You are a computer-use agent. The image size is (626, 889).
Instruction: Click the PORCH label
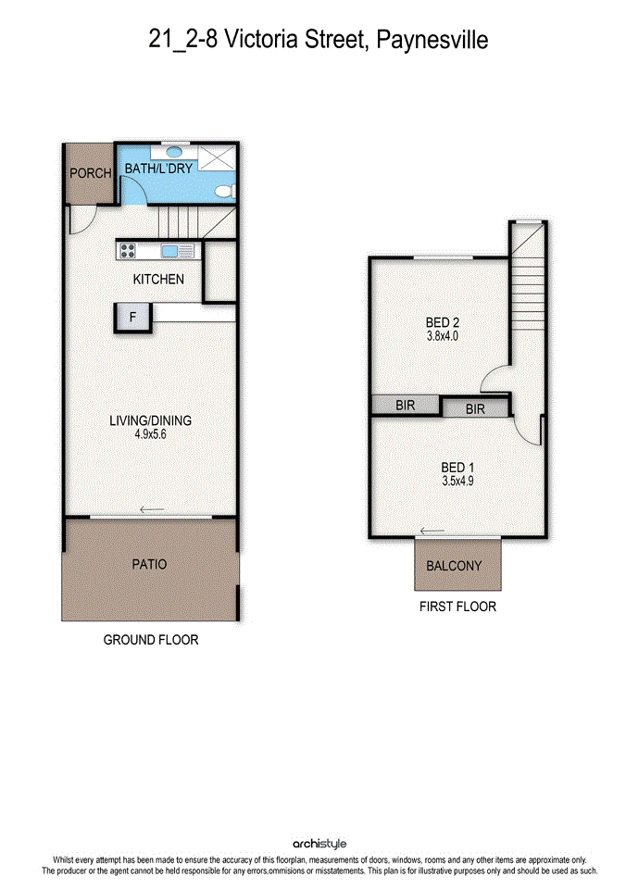[x=90, y=173]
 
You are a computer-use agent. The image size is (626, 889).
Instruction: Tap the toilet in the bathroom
[x=228, y=192]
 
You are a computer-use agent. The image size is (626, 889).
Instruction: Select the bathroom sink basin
[x=175, y=151]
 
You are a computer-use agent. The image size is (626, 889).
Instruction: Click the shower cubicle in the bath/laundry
[x=216, y=157]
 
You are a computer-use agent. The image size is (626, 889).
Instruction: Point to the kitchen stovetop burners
[x=128, y=250]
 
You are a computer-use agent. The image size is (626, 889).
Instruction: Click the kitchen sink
[x=170, y=250]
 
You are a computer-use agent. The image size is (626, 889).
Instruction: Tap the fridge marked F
[x=132, y=317]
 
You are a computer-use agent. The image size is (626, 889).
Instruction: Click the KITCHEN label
[x=158, y=279]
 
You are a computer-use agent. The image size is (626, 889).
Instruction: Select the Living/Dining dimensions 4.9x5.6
[x=150, y=434]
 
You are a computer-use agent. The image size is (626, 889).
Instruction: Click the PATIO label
[x=149, y=564]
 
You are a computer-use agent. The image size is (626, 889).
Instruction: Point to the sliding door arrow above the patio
[x=152, y=509]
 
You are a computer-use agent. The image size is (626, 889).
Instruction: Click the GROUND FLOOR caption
[x=151, y=640]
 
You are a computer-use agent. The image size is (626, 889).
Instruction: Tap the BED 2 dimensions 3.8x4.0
[x=443, y=335]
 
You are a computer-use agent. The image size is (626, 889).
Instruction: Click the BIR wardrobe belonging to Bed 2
[x=406, y=405]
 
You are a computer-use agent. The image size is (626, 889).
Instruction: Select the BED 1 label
[x=457, y=468]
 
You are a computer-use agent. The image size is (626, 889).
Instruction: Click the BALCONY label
[x=454, y=566]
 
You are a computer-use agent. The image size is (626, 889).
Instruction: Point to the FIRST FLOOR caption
[x=457, y=607]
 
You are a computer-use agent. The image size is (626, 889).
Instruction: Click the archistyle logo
[x=319, y=845]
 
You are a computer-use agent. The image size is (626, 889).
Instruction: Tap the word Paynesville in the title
[x=432, y=40]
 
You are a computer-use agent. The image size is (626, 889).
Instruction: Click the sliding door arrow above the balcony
[x=432, y=532]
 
